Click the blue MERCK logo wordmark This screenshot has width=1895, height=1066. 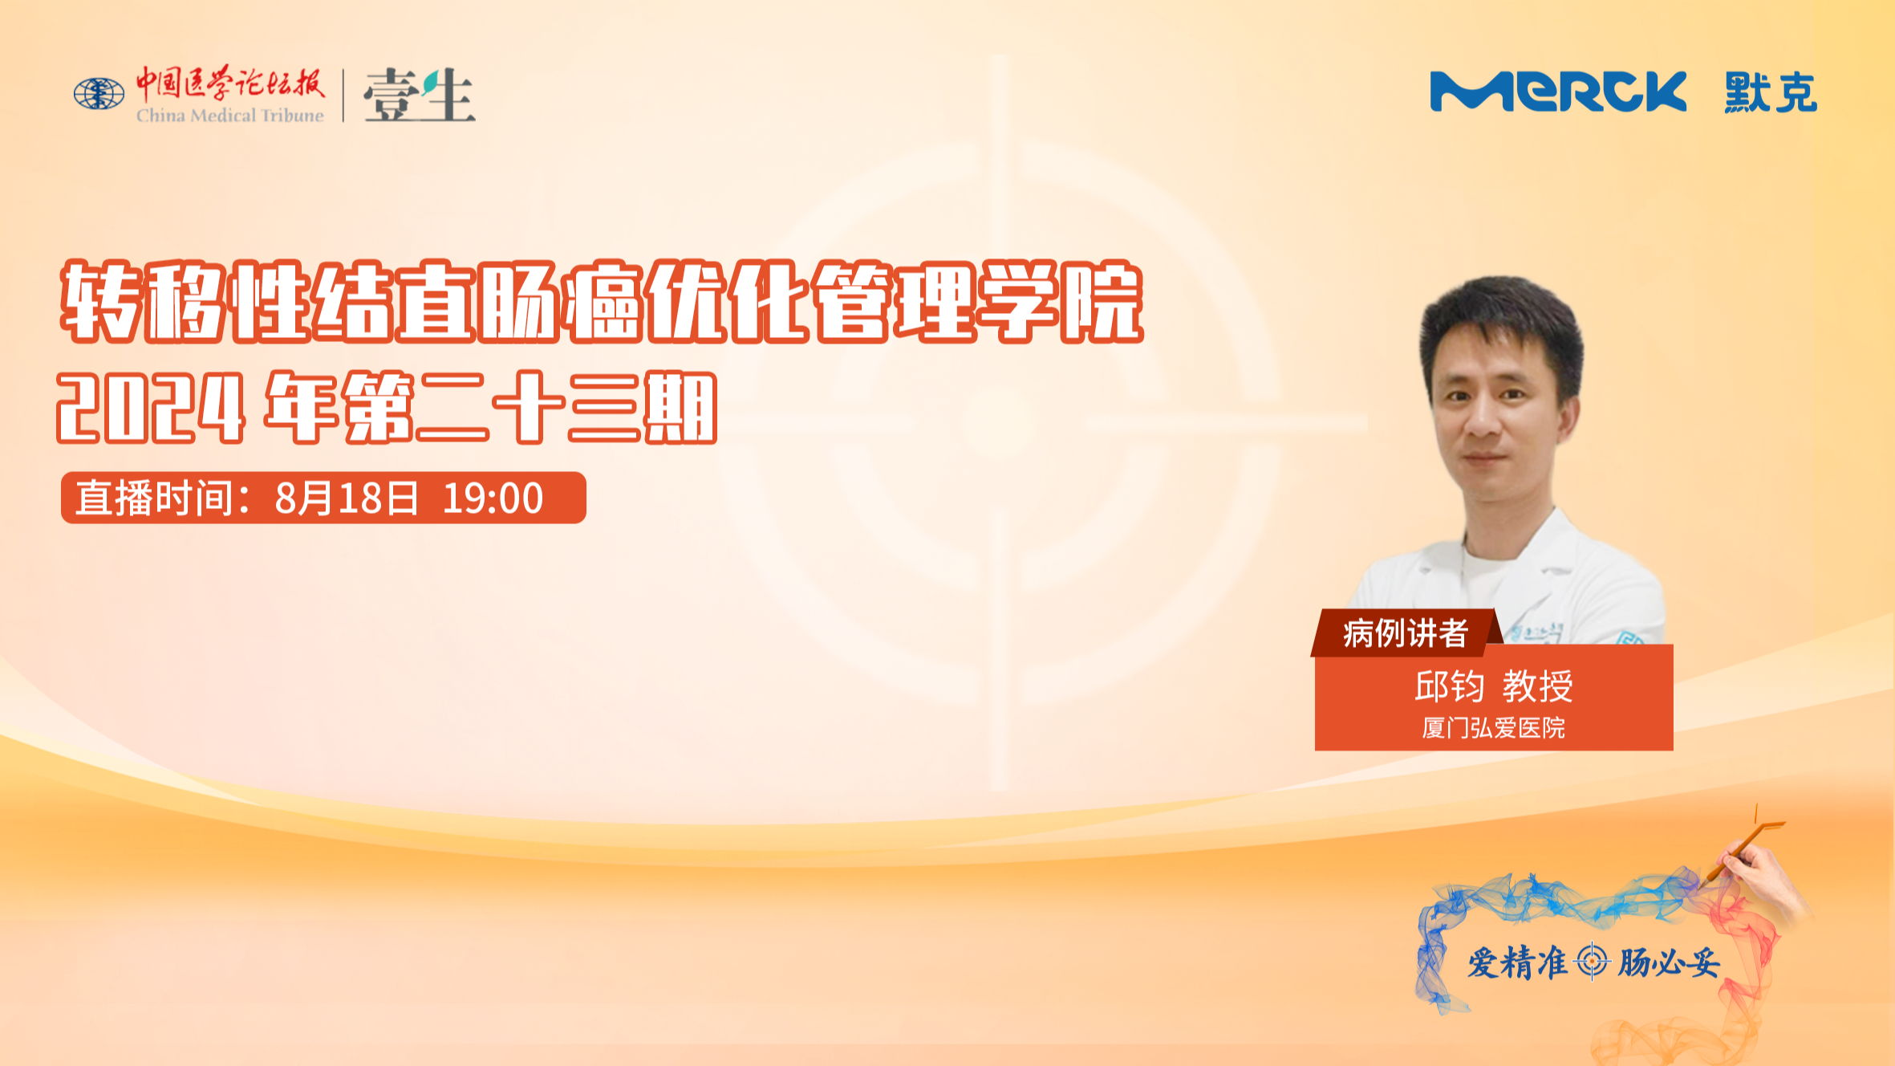tap(1558, 92)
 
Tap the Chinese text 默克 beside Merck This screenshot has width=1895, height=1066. tap(1771, 92)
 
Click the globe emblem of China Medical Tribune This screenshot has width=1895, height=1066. tap(99, 94)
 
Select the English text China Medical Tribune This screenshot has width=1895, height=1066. tap(230, 116)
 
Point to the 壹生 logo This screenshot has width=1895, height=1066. tap(419, 95)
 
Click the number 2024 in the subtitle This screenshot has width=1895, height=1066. tap(151, 407)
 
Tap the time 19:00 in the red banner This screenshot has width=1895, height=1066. tap(493, 498)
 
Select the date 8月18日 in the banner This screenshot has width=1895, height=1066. tap(347, 498)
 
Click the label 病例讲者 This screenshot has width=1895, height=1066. tap(1406, 633)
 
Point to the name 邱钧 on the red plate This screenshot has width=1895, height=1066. tap(1449, 686)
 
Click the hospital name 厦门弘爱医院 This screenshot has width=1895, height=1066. tap(1494, 728)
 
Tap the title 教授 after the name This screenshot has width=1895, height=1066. tap(1538, 686)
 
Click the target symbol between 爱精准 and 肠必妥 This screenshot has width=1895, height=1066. tap(1592, 961)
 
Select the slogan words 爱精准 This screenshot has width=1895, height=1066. tap(1517, 962)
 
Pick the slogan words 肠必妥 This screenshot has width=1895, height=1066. tap(1669, 962)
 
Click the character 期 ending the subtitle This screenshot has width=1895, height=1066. tap(681, 407)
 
